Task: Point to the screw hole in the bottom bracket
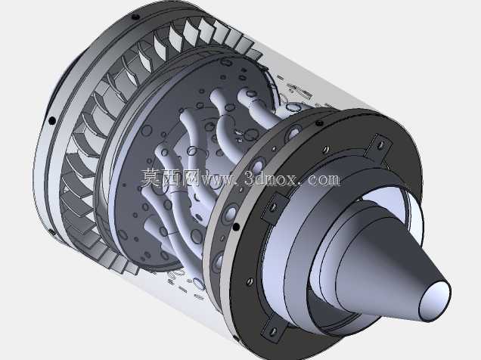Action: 272,331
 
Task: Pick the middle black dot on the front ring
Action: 52,120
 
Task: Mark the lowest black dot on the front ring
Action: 52,231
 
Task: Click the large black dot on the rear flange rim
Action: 236,227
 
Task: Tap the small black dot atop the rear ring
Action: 319,123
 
